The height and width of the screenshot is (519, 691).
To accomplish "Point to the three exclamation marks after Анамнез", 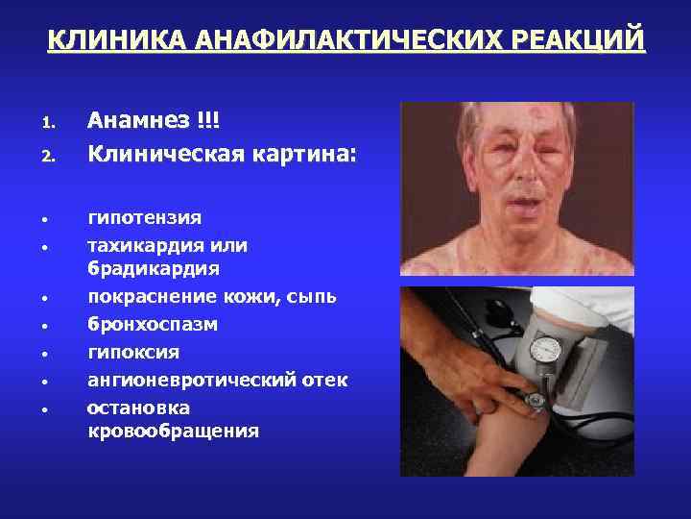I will click(207, 121).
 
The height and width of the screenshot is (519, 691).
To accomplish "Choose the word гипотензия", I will click(144, 218).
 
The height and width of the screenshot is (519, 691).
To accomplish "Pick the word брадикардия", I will click(154, 268).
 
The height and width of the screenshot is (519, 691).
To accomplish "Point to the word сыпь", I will click(313, 297).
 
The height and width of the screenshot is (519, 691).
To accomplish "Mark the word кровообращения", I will click(173, 431).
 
